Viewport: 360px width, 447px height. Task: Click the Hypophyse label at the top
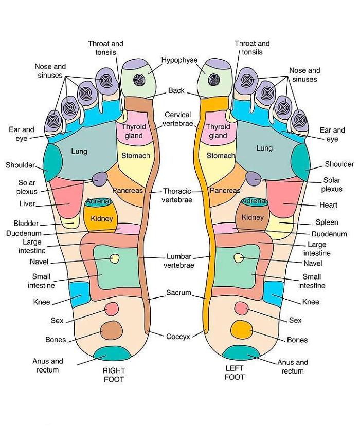tap(179, 60)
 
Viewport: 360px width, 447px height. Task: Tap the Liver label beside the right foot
tap(27, 203)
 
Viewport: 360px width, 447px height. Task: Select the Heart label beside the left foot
tap(328, 204)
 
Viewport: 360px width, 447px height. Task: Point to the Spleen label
tap(327, 222)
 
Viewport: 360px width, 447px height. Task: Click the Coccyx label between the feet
tap(178, 337)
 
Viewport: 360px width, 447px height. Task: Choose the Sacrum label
tap(178, 293)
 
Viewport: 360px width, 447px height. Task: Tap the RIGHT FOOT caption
tap(114, 375)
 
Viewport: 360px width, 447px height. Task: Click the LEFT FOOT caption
tap(235, 373)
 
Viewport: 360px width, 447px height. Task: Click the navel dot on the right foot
tap(115, 258)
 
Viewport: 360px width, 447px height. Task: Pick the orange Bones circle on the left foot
tap(242, 329)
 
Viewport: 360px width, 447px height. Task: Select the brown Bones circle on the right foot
tap(112, 331)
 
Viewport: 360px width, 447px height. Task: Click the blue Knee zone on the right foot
tap(80, 295)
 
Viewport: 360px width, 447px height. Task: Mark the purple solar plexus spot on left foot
tap(254, 178)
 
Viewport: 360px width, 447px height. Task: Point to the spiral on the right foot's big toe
tap(140, 79)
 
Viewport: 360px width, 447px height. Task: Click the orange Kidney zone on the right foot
tap(101, 219)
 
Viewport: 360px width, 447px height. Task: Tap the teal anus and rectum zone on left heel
tap(241, 353)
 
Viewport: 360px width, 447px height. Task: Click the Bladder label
tap(26, 223)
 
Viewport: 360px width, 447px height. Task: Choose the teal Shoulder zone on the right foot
tap(52, 162)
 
